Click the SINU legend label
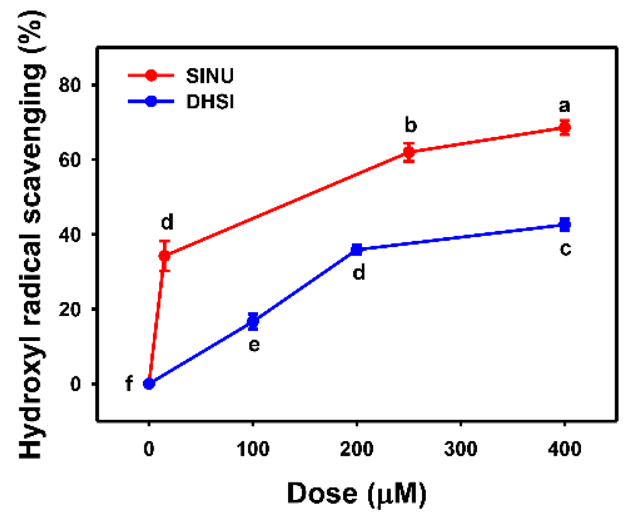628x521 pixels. click(x=209, y=76)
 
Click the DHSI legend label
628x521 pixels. click(x=210, y=102)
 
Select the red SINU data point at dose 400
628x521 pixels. click(x=565, y=127)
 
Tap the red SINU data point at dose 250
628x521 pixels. click(x=408, y=153)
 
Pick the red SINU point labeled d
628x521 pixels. click(x=164, y=256)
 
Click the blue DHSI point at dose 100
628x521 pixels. click(x=253, y=321)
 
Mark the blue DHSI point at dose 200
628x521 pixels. click(x=357, y=249)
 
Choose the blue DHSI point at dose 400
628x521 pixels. click(x=565, y=224)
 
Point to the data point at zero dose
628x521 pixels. click(x=149, y=384)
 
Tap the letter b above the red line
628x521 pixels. click(x=410, y=125)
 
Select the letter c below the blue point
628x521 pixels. click(x=565, y=249)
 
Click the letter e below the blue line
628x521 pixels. click(x=254, y=345)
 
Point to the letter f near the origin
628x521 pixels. click(x=128, y=384)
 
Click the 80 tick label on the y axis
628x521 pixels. click(x=70, y=85)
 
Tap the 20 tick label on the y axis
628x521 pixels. click(x=70, y=309)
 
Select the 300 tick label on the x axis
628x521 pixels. click(x=461, y=449)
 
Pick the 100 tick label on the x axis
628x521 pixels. click(x=253, y=449)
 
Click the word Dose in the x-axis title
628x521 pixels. click(x=322, y=494)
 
